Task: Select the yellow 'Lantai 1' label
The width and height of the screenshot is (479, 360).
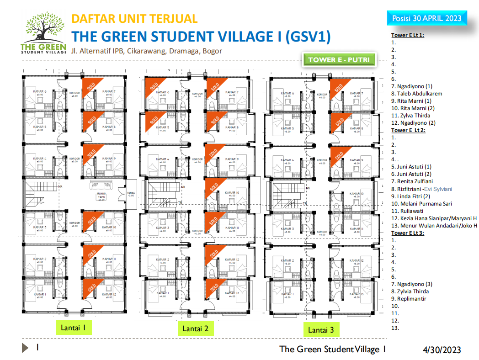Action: [73, 327]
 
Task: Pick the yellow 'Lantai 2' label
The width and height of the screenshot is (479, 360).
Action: [195, 328]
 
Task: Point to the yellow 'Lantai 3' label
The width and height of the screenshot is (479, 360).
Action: [321, 329]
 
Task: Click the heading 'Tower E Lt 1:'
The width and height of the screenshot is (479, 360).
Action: [408, 35]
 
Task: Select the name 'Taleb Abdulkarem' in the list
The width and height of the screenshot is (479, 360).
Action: [419, 94]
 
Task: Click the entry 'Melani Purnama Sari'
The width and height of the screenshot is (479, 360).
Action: [422, 203]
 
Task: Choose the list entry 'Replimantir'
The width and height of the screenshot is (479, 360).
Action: [411, 298]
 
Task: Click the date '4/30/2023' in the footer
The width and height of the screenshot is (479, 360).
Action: [442, 350]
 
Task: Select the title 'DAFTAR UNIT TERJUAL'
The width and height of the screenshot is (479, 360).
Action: [134, 19]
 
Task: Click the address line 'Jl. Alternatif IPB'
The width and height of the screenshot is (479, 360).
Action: [146, 51]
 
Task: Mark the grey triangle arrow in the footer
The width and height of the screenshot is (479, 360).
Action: [25, 348]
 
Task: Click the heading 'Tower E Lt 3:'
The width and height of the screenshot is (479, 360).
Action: [408, 233]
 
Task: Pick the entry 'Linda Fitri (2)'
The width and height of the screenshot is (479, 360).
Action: [415, 196]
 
